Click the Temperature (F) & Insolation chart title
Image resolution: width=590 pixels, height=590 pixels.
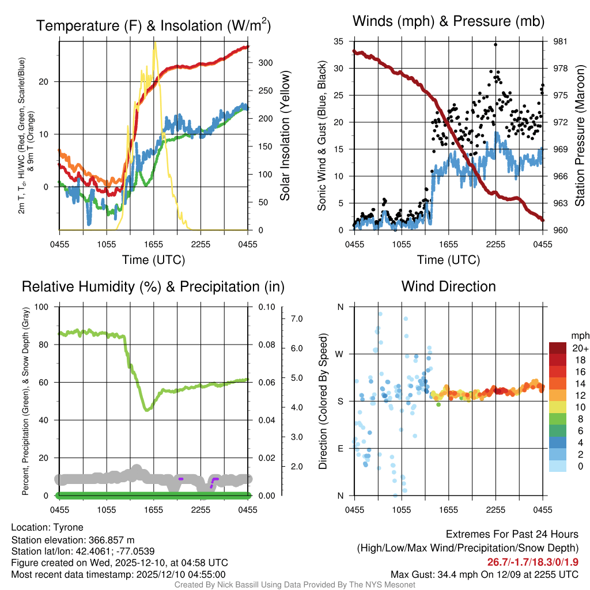(153, 25)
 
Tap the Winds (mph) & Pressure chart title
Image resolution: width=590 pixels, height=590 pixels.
(449, 22)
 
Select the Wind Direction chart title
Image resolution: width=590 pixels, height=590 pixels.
(449, 286)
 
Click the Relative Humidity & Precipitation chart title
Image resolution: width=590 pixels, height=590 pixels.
(153, 286)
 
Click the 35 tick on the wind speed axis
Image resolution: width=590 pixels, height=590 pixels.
(339, 41)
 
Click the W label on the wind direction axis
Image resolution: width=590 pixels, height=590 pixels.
(340, 354)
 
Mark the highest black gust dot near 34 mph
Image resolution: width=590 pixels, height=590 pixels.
(496, 44)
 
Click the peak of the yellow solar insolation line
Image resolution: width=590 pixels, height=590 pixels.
(154, 43)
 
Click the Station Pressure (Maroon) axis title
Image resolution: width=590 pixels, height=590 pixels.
(579, 135)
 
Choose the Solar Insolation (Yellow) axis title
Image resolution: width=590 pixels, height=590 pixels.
(285, 135)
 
